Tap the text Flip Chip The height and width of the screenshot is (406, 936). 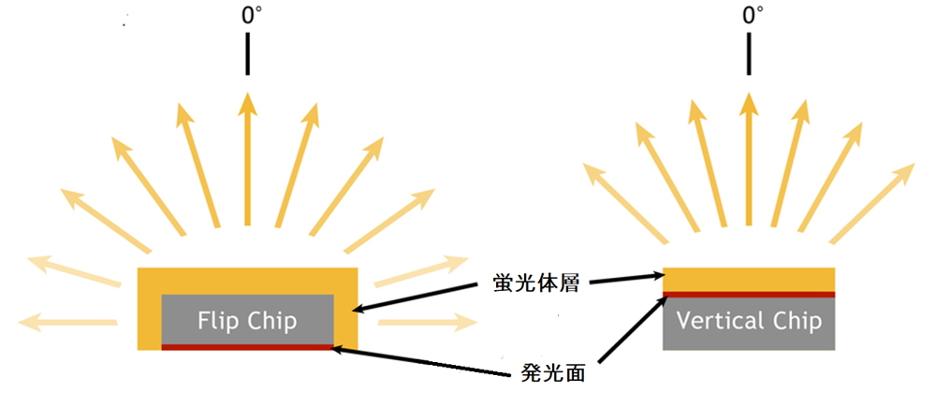click(247, 322)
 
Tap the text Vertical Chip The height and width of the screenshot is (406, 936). click(749, 322)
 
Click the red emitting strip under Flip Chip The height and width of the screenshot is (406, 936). click(247, 347)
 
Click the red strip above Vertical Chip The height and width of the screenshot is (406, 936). click(749, 294)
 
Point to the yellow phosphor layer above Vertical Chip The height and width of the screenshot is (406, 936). click(749, 280)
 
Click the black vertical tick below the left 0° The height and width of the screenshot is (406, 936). click(247, 54)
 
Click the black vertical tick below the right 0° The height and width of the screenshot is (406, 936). click(749, 54)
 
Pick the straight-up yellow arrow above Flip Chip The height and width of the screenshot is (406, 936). click(247, 159)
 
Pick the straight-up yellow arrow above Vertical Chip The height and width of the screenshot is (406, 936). click(749, 159)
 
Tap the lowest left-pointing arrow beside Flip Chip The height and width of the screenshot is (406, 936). click(67, 323)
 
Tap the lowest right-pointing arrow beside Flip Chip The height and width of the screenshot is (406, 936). click(428, 323)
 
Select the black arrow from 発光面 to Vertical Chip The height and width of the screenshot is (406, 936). click(632, 328)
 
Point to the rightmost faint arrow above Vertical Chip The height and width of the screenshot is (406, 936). click(872, 203)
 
